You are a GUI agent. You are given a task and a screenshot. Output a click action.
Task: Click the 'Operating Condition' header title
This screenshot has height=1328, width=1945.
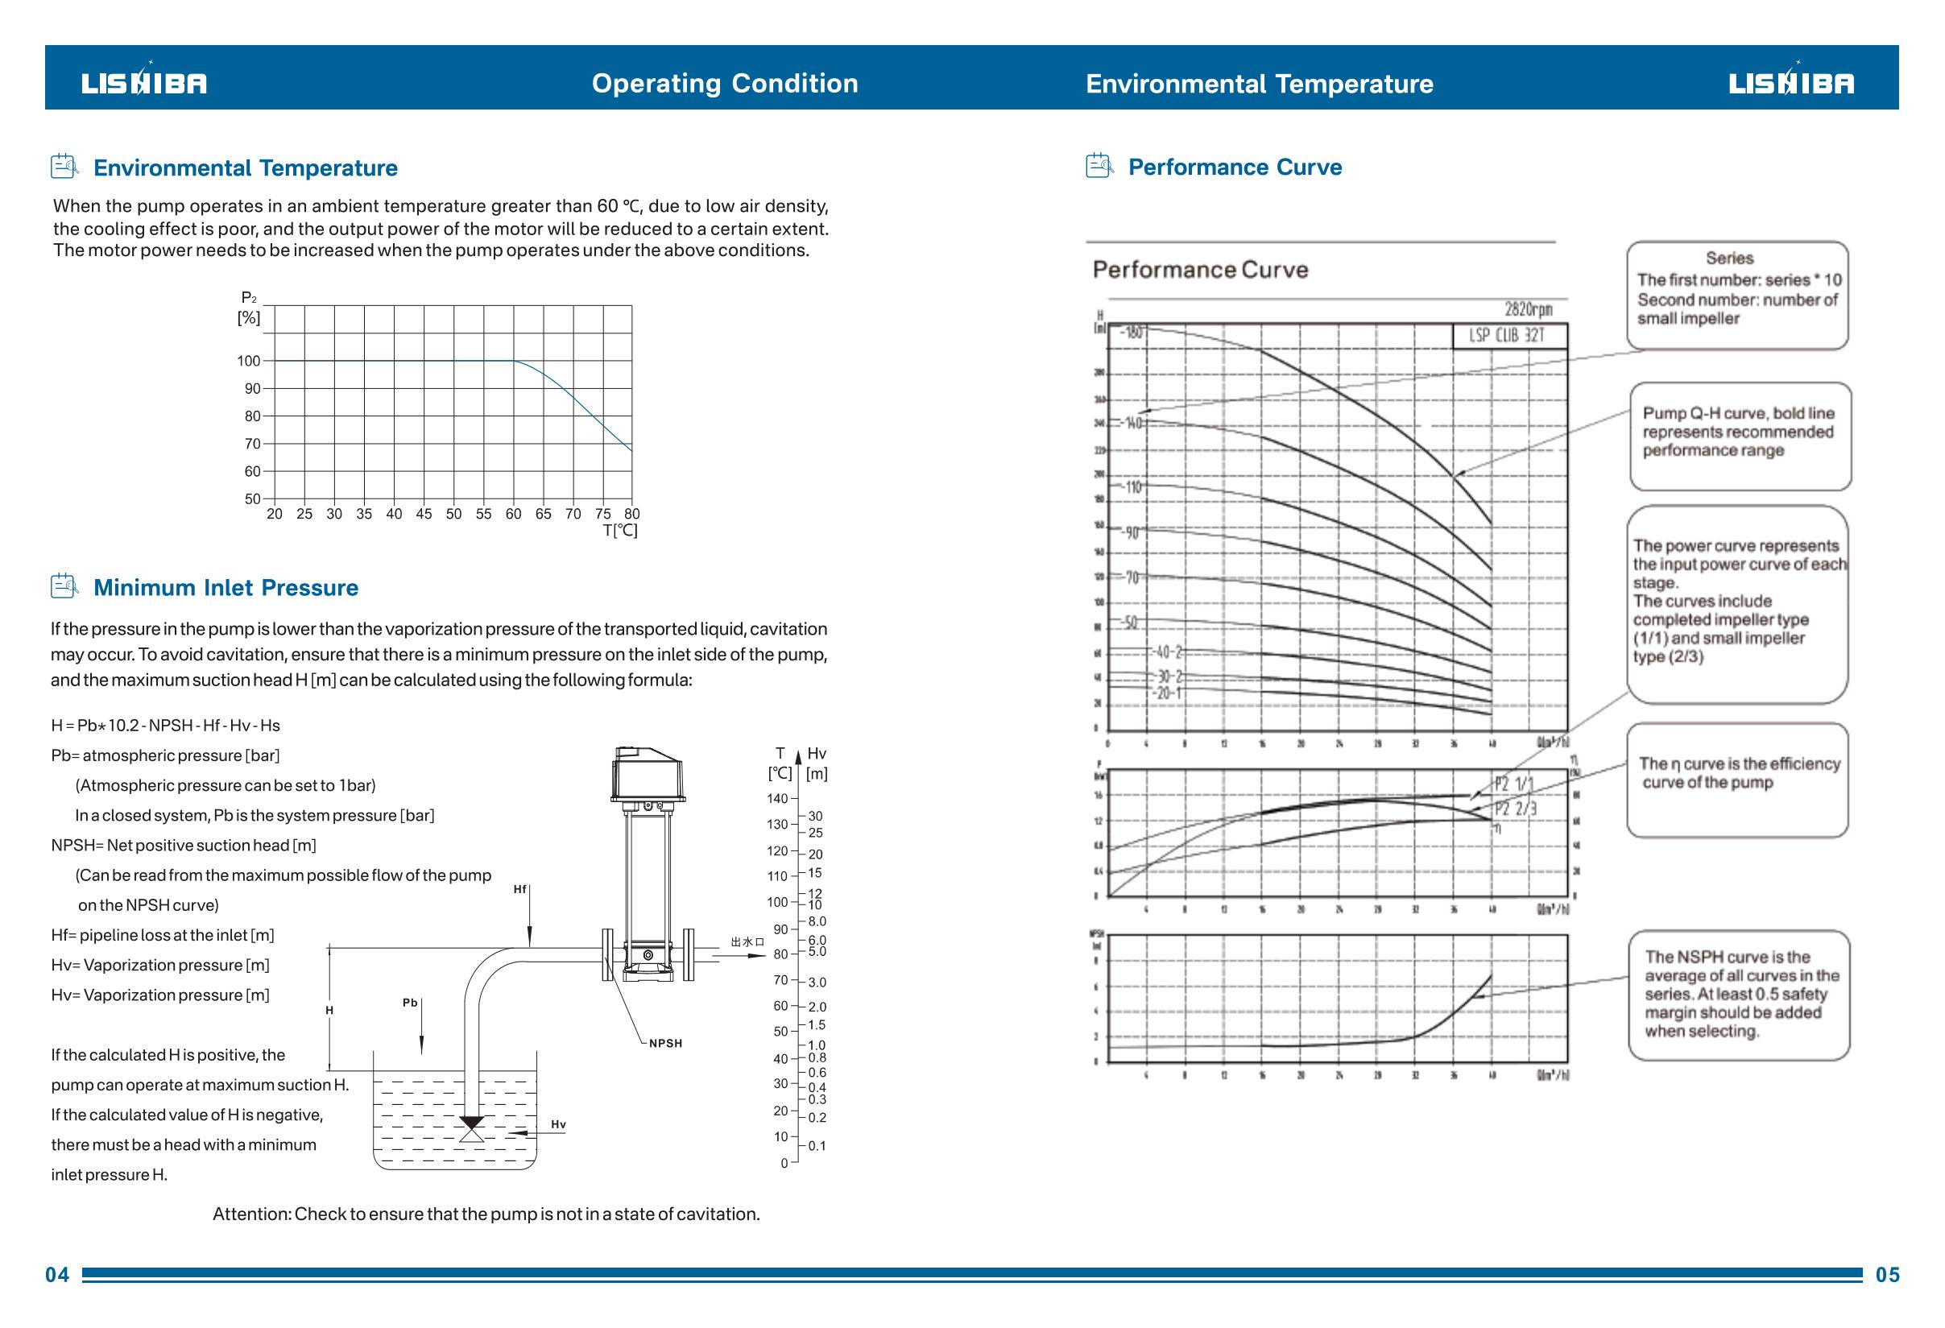point(725,84)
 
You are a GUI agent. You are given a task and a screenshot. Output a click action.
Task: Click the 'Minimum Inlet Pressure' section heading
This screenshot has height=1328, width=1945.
point(226,587)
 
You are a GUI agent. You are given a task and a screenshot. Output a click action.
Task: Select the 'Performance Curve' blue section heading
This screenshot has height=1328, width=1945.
point(1235,168)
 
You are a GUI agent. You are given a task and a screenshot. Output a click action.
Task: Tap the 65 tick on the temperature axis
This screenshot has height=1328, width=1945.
point(543,514)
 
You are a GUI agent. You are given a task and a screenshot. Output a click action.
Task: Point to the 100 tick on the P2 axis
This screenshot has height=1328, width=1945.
point(249,362)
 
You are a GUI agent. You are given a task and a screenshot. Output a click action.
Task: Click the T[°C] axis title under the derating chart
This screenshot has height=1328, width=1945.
point(620,531)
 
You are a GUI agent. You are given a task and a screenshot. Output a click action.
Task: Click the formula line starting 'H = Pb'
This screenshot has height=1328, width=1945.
point(166,726)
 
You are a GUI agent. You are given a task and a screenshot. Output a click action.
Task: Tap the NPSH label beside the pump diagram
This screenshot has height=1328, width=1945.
point(665,1044)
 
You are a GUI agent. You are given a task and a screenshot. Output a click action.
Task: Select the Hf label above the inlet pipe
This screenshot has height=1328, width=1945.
point(519,890)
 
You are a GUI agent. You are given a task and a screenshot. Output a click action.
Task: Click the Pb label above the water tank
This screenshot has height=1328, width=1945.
point(410,1003)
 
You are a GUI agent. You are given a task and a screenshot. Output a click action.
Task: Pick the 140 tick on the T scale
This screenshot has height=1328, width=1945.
point(777,798)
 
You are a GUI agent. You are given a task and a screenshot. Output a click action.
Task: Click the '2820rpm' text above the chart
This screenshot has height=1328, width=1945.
point(1529,309)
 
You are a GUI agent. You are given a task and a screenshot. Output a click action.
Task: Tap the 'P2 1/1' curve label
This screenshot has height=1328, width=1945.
point(1514,785)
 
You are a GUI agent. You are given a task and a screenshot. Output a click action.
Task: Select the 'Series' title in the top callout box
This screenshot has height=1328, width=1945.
point(1729,259)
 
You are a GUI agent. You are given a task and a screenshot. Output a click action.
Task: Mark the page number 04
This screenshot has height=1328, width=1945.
point(58,1274)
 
